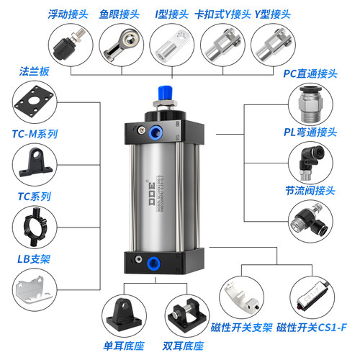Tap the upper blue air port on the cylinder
(156, 130)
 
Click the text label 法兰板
(33, 71)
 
